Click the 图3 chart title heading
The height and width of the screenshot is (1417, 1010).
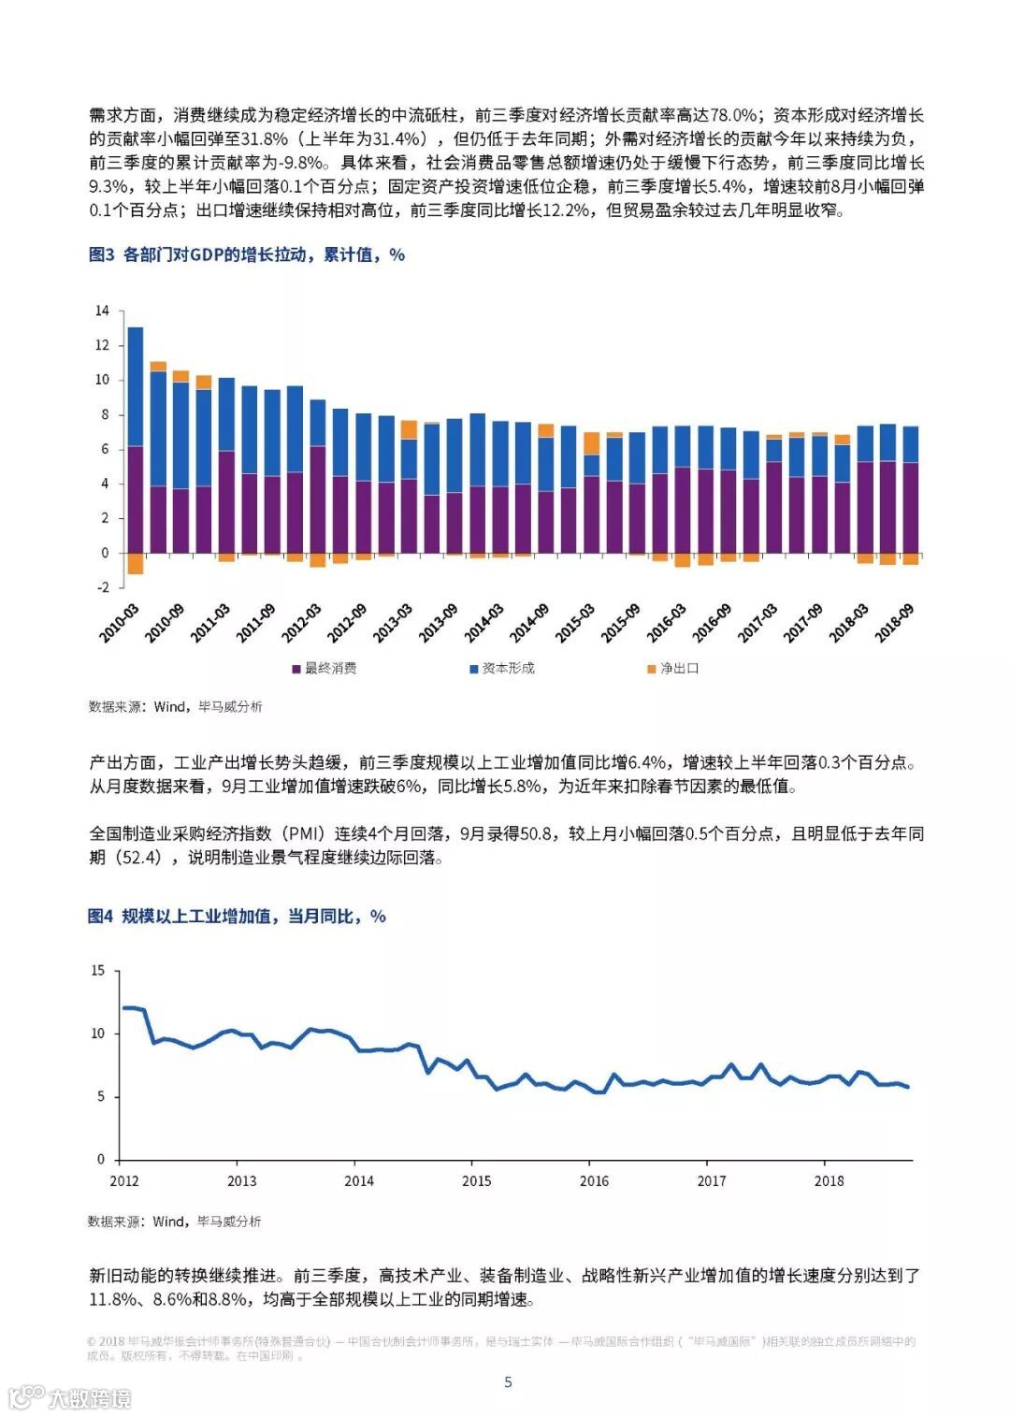[246, 254]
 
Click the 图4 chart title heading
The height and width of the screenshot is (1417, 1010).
[237, 916]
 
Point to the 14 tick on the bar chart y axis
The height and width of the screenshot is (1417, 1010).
[102, 311]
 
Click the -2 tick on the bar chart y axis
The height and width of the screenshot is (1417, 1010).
[102, 587]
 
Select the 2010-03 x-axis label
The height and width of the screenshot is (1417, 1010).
[119, 623]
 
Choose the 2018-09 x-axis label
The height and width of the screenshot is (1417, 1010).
[894, 623]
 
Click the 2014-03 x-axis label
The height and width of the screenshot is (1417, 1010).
[483, 623]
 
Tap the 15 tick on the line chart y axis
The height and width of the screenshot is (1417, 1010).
[98, 970]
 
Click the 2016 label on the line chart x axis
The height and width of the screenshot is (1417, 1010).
[594, 1180]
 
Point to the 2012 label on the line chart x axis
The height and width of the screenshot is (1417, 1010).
[124, 1180]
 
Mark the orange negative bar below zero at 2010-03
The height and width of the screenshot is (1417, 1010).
[136, 563]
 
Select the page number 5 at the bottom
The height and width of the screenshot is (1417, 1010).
[508, 1381]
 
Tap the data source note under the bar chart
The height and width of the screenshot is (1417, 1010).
[176, 706]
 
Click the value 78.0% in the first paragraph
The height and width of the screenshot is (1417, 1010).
[733, 115]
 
